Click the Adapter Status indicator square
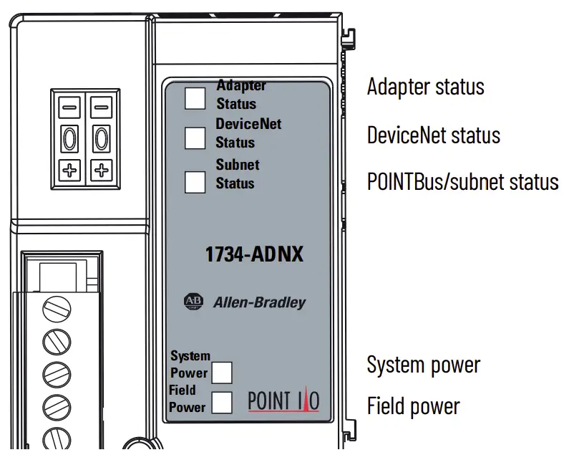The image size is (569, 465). coord(195,97)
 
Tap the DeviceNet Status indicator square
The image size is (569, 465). coord(195,138)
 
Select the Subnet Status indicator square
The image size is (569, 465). coord(195,183)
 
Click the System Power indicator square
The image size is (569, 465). coord(222,373)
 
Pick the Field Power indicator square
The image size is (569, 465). coord(222,403)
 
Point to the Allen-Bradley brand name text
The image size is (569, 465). coord(259,302)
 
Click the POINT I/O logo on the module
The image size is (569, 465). coord(283,401)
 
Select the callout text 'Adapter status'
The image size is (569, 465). coord(425,87)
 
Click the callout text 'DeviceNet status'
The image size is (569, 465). coord(433,135)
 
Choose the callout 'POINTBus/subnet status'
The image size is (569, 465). coord(462,181)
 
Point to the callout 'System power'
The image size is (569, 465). coord(423,365)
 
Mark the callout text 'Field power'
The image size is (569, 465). coord(413,407)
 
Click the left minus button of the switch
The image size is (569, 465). coord(69,108)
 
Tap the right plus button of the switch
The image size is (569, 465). coord(102,171)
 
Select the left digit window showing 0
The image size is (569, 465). coord(69,138)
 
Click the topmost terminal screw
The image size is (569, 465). coord(57,310)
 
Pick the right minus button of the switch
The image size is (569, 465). coord(102,108)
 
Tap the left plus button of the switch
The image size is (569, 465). coord(69,171)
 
